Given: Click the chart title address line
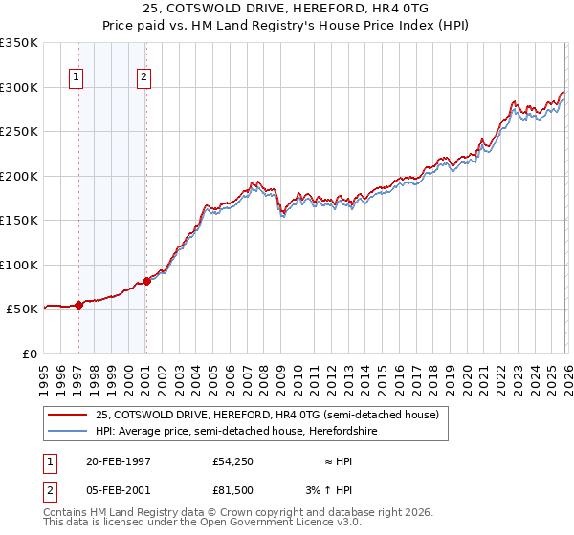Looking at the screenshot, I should [287, 9].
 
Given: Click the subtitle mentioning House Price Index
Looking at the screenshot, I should [287, 25].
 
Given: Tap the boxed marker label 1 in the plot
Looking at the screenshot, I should [77, 78].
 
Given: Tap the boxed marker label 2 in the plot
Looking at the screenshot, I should [143, 78].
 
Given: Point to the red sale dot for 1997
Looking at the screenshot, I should [79, 306].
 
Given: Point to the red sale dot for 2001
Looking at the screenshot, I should [146, 281].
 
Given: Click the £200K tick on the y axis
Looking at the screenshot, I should [19, 176].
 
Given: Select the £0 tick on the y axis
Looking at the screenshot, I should [28, 353].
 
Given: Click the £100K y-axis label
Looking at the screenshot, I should [19, 265].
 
